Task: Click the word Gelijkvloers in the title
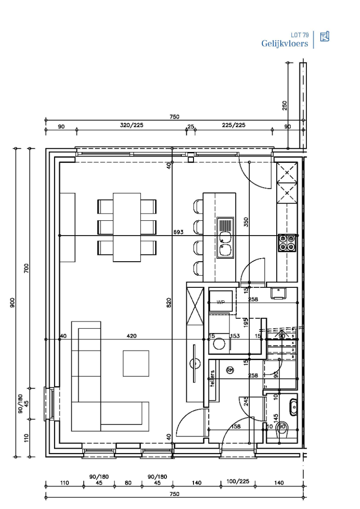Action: tap(284, 44)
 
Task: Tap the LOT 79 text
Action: tap(300, 35)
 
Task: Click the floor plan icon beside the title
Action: tap(324, 36)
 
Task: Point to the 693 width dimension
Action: tap(179, 232)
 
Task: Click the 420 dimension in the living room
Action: tap(131, 336)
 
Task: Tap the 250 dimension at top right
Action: tap(284, 105)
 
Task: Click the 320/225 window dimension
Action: tap(131, 126)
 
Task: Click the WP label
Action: tap(220, 302)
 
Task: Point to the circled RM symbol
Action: tap(230, 370)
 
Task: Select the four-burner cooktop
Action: tap(287, 242)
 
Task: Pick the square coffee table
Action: tap(136, 363)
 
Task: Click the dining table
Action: tap(127, 227)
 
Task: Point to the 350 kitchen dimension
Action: tap(246, 222)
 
